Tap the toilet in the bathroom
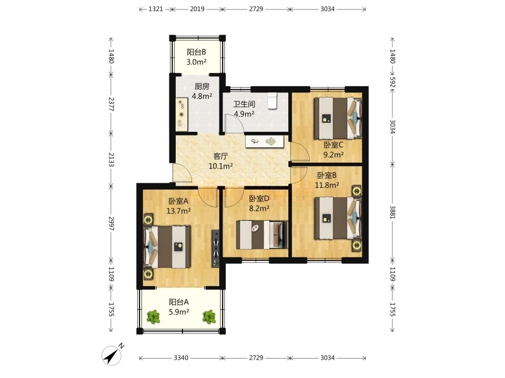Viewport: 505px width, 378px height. [x=272, y=101]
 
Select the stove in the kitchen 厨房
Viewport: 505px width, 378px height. [x=182, y=114]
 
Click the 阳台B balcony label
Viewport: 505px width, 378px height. [x=196, y=52]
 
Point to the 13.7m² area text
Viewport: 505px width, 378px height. [x=179, y=211]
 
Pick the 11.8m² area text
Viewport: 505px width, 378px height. [x=327, y=185]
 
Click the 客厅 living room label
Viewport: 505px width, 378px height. [x=220, y=156]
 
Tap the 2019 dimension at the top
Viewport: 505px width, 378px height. [x=197, y=9]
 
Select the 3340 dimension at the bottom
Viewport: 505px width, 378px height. [x=181, y=358]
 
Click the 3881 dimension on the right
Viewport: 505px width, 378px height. [x=392, y=212]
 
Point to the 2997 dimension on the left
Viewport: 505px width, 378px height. [x=111, y=223]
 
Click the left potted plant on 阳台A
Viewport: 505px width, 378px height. [x=154, y=317]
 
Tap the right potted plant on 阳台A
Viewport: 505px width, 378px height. [x=209, y=317]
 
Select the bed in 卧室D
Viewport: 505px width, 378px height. [x=262, y=235]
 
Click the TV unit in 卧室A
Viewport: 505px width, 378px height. [x=216, y=248]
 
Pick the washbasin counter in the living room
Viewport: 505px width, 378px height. [x=265, y=141]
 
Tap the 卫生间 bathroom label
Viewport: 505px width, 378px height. [x=244, y=104]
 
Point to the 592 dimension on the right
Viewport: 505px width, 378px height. [x=392, y=82]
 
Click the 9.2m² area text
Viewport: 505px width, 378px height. [x=334, y=154]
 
